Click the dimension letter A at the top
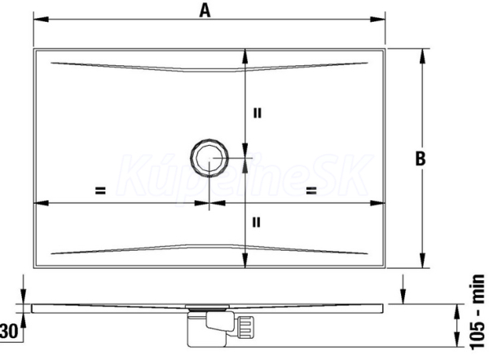point(205,11)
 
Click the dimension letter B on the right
point(421,158)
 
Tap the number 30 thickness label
point(9,331)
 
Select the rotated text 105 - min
point(478,312)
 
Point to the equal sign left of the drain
point(100,191)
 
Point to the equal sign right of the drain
point(311,191)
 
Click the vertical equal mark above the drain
point(257,113)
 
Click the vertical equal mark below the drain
point(256,222)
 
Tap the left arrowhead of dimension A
point(41,20)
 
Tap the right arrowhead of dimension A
point(377,20)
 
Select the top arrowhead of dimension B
point(422,56)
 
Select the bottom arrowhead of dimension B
point(422,261)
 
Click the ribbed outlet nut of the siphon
point(246,327)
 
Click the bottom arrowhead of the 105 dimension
point(457,339)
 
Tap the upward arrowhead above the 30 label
point(24,321)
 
